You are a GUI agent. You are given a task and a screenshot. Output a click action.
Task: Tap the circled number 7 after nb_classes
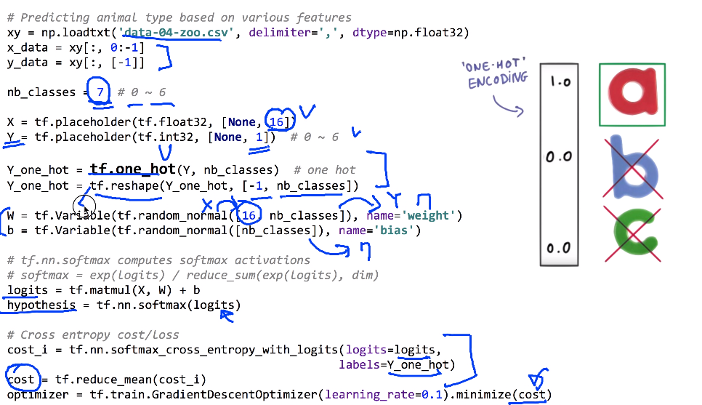click(100, 92)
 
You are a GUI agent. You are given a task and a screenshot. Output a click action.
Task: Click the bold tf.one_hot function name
click(132, 169)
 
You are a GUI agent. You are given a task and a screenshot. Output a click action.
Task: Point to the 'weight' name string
click(421, 215)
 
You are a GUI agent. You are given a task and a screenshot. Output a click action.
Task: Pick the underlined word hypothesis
click(41, 305)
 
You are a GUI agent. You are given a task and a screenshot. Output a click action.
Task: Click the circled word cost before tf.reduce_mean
click(21, 380)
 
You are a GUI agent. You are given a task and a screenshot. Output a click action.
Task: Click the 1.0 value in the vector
click(560, 81)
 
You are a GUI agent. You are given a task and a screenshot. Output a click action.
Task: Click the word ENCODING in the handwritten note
click(499, 81)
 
